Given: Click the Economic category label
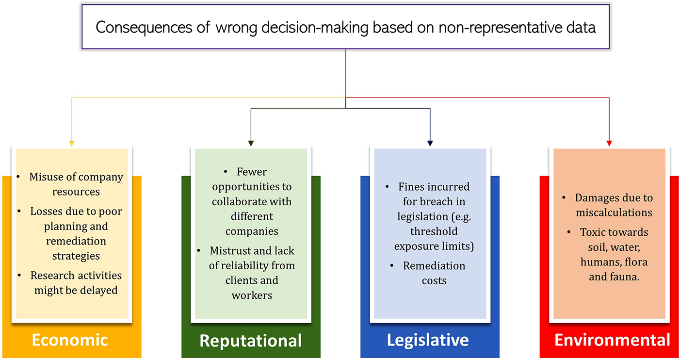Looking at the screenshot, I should (x=70, y=340).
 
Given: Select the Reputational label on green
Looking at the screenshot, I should (x=251, y=341).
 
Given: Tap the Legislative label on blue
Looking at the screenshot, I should (x=428, y=340).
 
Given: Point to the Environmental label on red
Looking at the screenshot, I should (x=613, y=340).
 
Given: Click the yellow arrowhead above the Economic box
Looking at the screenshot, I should (x=72, y=143).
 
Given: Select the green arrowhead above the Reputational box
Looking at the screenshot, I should (x=251, y=143).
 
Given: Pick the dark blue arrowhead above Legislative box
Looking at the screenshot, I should (x=430, y=143).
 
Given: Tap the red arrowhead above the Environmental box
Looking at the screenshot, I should (x=610, y=143).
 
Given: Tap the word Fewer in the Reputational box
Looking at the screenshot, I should (x=252, y=172).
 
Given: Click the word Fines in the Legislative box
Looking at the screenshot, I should (x=413, y=187).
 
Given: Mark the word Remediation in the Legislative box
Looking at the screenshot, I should (x=434, y=266).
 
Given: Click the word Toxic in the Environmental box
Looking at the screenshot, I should (x=593, y=232).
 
